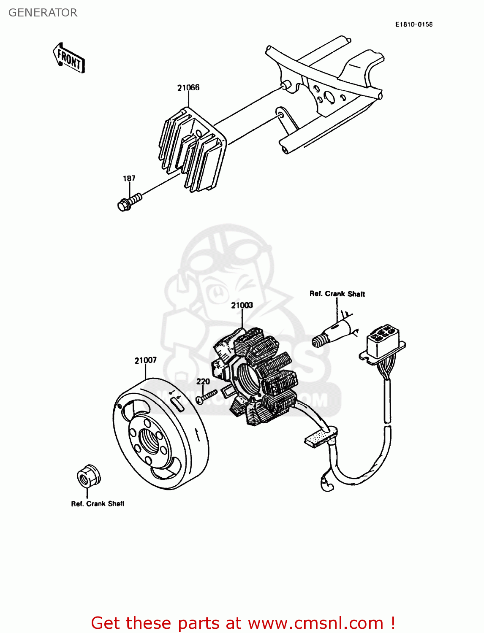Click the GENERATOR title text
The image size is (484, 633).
tap(43, 13)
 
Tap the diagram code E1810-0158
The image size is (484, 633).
tap(413, 24)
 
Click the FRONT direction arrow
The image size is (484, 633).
tap(69, 59)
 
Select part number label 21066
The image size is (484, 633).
tap(188, 88)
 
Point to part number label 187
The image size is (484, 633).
tap(129, 178)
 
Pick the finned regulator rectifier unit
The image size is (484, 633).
tap(192, 148)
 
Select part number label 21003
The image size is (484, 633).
tap(242, 305)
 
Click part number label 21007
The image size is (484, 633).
tap(145, 360)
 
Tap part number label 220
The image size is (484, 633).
tap(203, 381)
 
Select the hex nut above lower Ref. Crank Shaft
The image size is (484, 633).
tap(88, 476)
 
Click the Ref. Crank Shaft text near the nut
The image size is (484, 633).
tap(98, 503)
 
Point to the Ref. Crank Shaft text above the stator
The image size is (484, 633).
tap(337, 294)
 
